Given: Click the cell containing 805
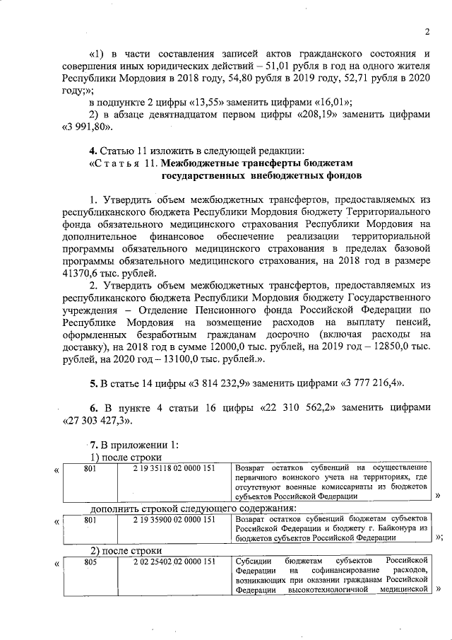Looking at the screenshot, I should [x=90, y=562].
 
